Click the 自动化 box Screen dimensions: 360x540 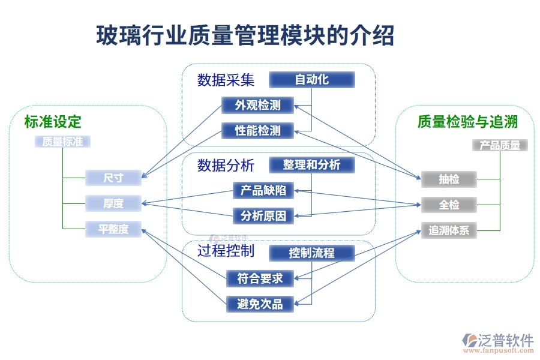(x=311, y=79)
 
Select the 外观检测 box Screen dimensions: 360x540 (x=258, y=106)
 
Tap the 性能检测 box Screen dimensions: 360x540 (x=258, y=130)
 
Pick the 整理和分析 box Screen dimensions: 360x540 (x=311, y=164)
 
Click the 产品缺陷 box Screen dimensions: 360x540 (x=263, y=191)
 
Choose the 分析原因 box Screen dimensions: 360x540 (x=263, y=215)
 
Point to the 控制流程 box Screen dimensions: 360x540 (x=311, y=253)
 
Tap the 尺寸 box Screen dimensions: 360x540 (x=113, y=178)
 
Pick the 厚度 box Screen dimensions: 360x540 (x=113, y=203)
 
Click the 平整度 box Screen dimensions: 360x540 (x=113, y=229)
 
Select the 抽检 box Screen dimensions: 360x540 (x=449, y=179)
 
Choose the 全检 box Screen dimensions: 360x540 (x=449, y=205)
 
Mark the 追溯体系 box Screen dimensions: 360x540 (x=449, y=230)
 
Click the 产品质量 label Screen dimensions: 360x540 (x=500, y=145)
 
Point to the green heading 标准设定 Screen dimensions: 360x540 (x=53, y=122)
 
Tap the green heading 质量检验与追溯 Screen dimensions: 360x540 (x=467, y=122)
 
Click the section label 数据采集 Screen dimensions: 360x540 (x=226, y=80)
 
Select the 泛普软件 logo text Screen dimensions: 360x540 (x=506, y=340)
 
